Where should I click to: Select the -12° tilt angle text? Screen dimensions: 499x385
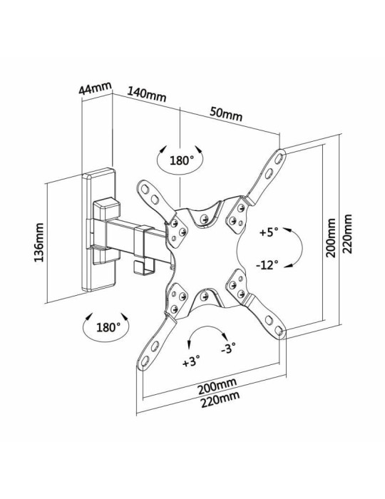click(267, 265)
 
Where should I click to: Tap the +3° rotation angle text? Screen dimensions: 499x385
click(190, 361)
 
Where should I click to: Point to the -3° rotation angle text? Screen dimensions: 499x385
click(228, 349)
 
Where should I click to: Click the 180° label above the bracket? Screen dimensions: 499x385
click(182, 160)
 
